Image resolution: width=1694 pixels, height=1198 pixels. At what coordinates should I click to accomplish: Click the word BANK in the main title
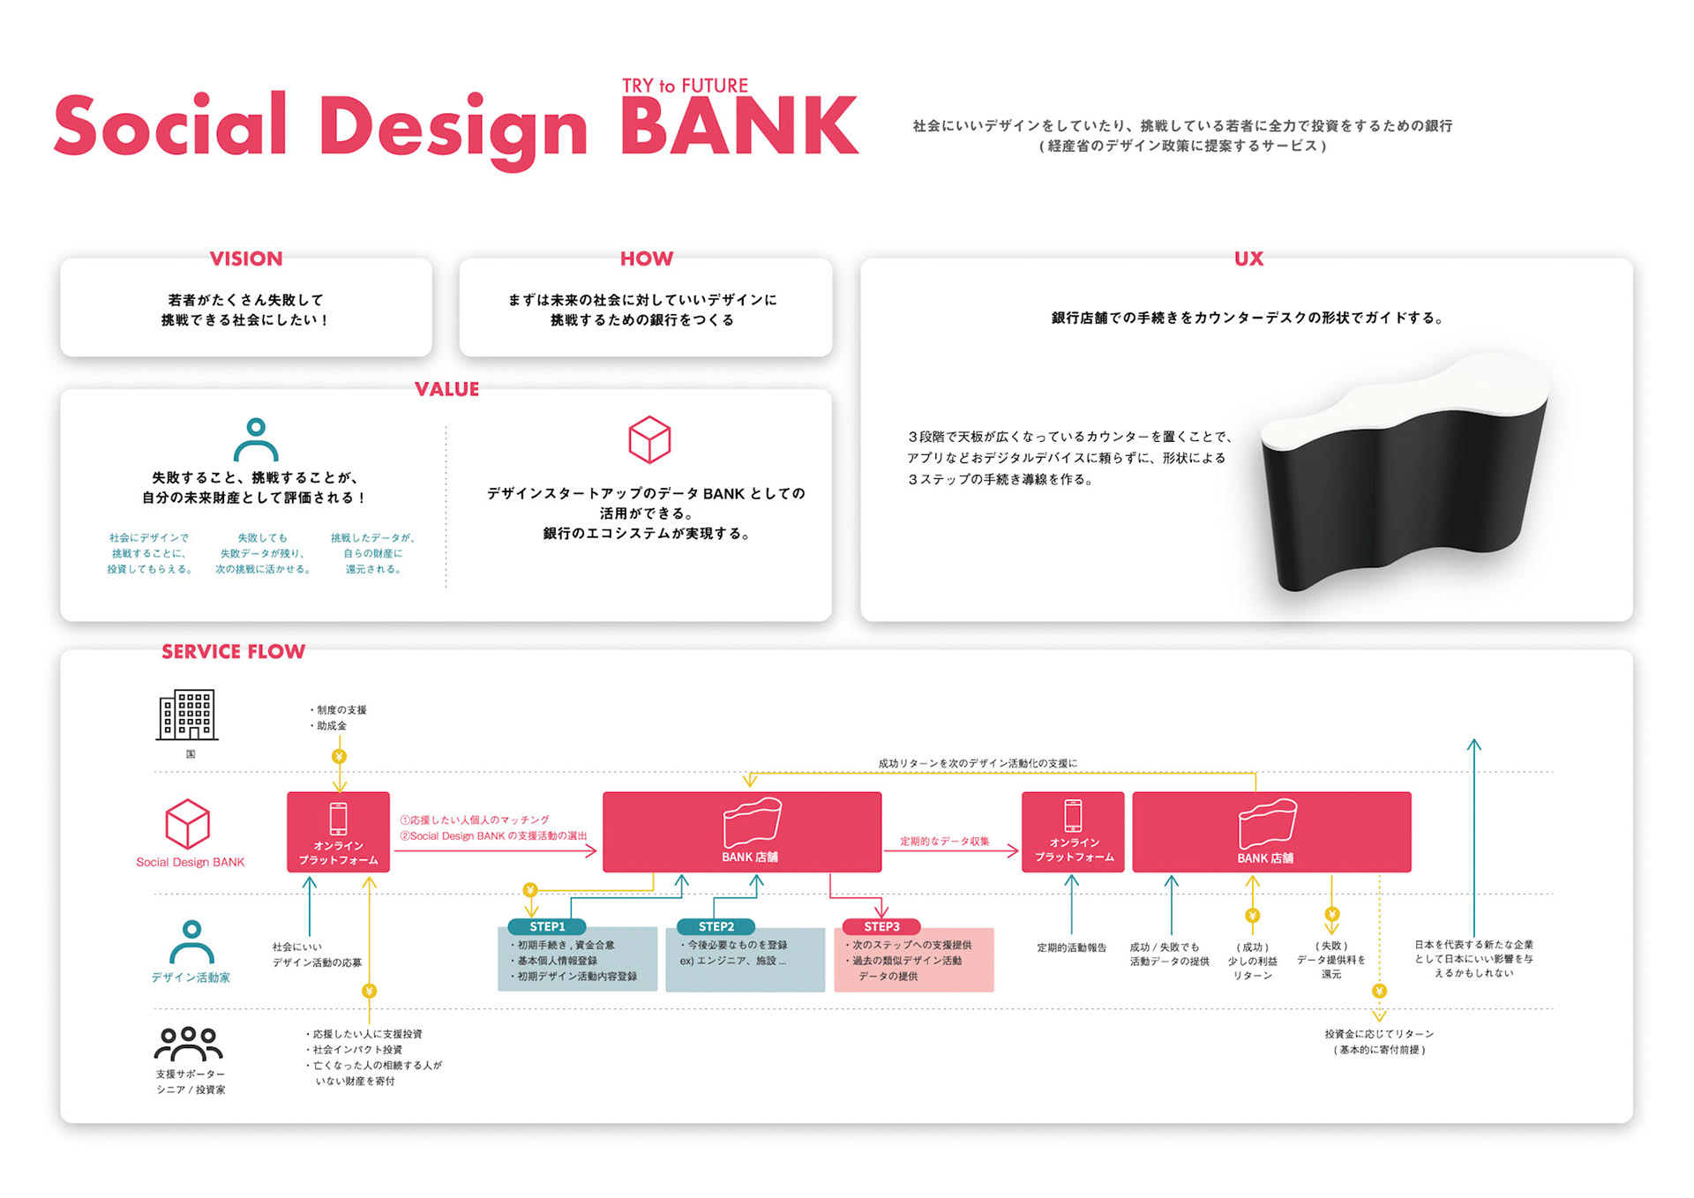(x=739, y=127)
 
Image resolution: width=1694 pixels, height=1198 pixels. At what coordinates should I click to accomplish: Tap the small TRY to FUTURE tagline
(x=685, y=86)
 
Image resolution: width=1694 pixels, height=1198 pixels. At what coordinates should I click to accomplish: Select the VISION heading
(x=246, y=258)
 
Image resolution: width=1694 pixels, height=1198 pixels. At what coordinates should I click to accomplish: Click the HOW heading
(x=647, y=258)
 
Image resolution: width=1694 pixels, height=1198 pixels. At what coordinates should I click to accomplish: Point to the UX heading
(x=1248, y=258)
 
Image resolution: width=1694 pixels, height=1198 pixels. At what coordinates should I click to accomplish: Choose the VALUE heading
(x=447, y=389)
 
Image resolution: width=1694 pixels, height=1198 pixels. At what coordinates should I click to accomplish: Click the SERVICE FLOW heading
(x=234, y=652)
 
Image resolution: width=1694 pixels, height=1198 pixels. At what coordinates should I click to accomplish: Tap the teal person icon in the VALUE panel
(x=256, y=439)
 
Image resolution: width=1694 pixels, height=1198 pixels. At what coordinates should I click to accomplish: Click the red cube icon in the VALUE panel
(x=649, y=439)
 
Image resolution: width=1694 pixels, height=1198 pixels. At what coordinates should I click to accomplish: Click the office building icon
(x=187, y=715)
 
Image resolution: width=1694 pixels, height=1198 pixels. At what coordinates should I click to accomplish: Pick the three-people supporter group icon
(x=188, y=1044)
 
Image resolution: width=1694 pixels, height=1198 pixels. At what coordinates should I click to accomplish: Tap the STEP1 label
(x=547, y=926)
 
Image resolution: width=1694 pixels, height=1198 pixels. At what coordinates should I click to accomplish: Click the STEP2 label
(x=716, y=926)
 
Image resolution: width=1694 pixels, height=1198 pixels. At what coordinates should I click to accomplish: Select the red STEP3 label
(x=881, y=926)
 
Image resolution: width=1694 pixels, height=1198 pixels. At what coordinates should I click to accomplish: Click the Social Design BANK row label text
(x=191, y=862)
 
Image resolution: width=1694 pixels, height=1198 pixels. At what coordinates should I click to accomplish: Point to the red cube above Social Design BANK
(x=188, y=824)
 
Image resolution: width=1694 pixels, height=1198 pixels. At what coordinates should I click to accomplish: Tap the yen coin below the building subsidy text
(x=339, y=757)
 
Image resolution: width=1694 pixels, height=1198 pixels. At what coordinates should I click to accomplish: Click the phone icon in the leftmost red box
(x=338, y=819)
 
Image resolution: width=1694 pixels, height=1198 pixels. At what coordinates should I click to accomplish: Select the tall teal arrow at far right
(x=1473, y=838)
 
